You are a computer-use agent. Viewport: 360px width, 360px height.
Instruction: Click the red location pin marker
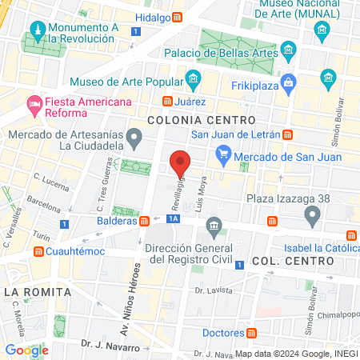point(182,163)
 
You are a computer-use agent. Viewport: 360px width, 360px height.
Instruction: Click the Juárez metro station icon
point(166,102)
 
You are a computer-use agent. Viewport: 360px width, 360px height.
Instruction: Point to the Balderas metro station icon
point(143,220)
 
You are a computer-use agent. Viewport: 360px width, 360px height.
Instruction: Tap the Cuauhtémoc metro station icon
point(38,251)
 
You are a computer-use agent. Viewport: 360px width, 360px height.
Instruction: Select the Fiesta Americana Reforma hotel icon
point(34,103)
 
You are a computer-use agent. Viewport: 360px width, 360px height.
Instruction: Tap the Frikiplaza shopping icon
point(289,80)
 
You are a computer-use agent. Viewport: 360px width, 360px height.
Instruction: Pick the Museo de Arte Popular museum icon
point(193,79)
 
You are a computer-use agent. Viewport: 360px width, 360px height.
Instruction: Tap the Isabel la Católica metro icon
point(351,234)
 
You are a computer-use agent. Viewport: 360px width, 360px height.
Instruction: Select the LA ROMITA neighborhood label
point(27,291)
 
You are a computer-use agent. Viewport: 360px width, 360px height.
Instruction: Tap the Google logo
point(26,350)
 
